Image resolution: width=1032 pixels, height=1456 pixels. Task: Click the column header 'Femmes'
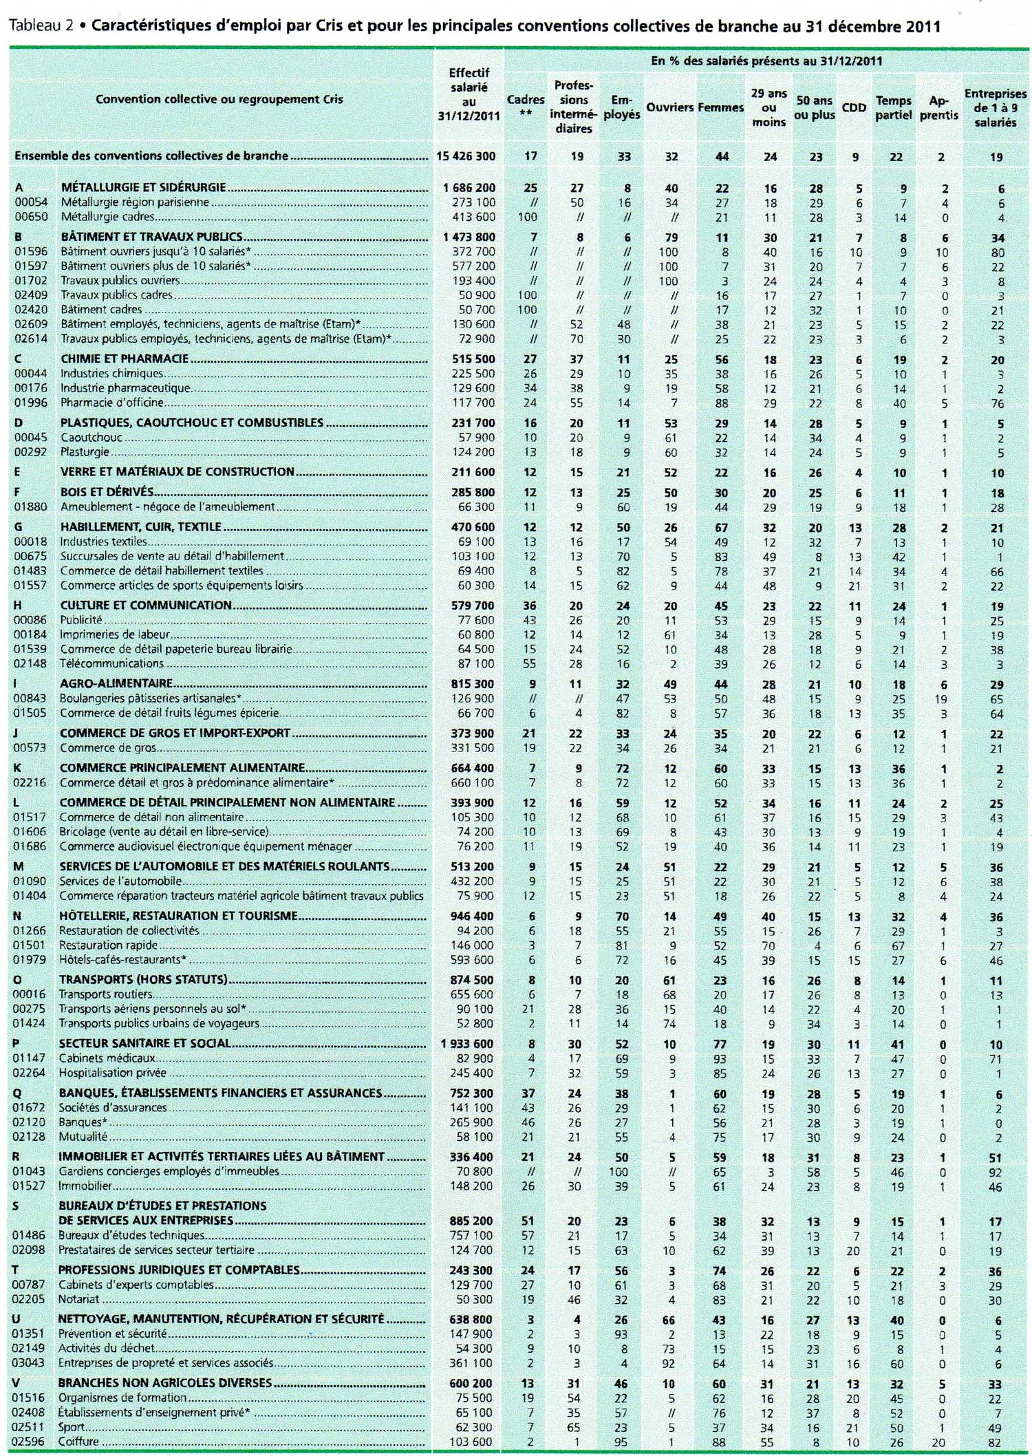click(720, 107)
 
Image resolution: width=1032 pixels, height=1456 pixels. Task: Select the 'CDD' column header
click(854, 107)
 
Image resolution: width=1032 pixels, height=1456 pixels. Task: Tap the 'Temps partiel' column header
click(893, 108)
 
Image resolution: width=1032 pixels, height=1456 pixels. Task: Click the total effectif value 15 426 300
click(466, 156)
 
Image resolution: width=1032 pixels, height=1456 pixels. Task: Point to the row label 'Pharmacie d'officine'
click(112, 403)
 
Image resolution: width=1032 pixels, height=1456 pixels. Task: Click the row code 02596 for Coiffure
click(30, 1442)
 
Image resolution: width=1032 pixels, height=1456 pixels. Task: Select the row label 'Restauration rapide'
click(108, 945)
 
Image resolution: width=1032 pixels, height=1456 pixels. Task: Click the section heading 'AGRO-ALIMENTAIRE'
click(116, 683)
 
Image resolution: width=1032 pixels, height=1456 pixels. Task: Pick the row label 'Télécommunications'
click(111, 663)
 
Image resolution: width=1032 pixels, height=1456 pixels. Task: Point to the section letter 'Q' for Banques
click(17, 1093)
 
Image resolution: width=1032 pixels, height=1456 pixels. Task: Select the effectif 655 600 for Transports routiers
click(471, 994)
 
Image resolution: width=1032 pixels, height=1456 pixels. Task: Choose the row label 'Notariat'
click(78, 1299)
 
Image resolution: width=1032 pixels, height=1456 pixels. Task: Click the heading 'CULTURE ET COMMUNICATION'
click(146, 605)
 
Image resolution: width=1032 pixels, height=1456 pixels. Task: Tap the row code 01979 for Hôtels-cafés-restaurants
click(30, 960)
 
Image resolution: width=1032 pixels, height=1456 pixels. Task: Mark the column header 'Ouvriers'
click(669, 107)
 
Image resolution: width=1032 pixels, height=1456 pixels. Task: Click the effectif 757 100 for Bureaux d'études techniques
click(471, 1235)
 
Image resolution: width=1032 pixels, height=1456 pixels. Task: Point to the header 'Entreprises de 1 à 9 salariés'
click(994, 108)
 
